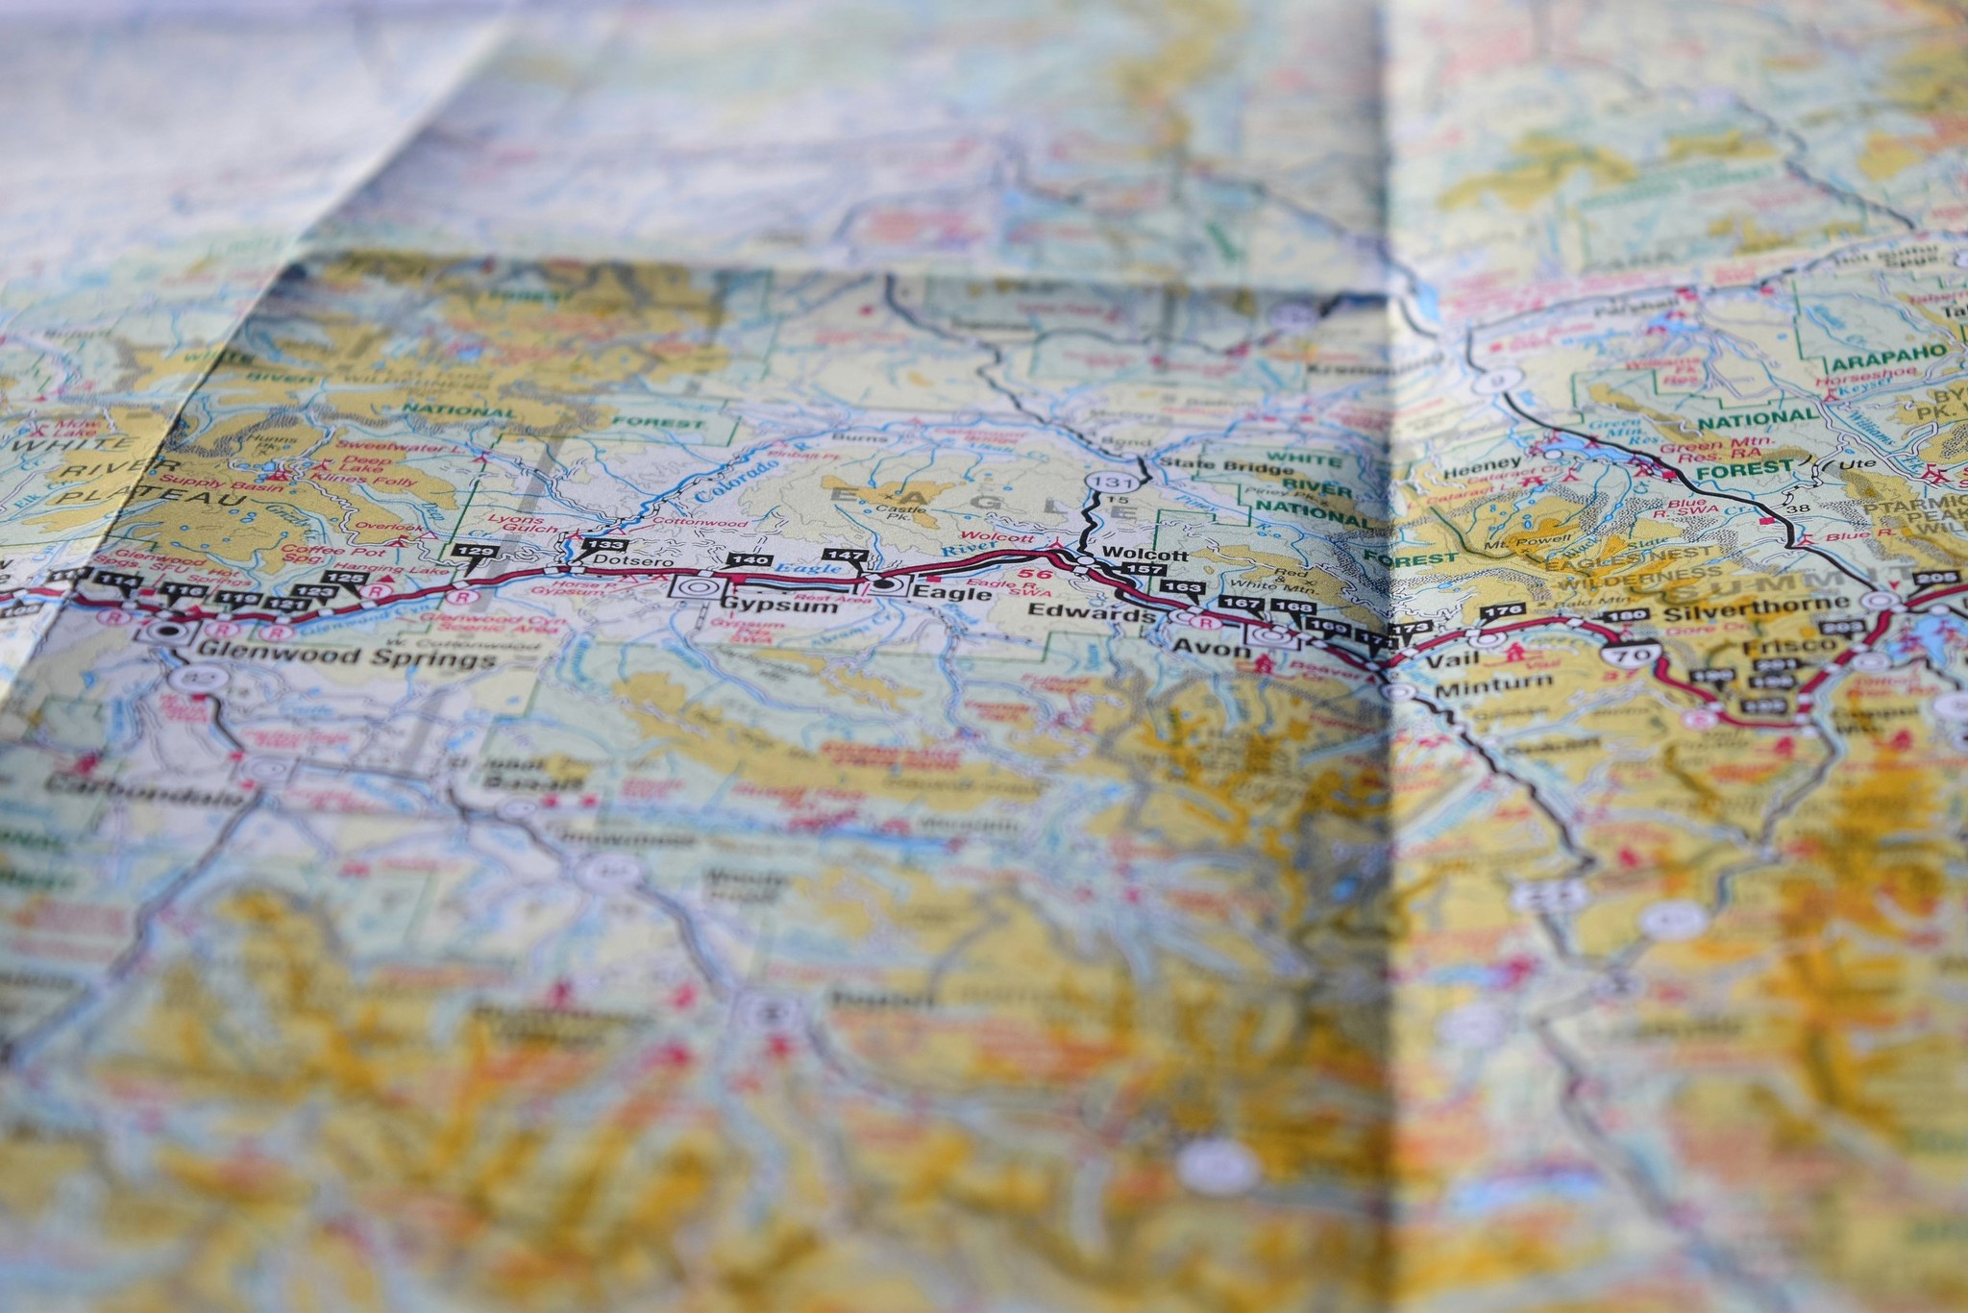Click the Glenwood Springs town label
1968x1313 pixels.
[x=346, y=658]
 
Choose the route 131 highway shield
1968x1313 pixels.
[x=1100, y=480]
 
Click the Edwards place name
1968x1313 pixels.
[x=1091, y=611]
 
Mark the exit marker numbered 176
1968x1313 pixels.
[x=1502, y=611]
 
